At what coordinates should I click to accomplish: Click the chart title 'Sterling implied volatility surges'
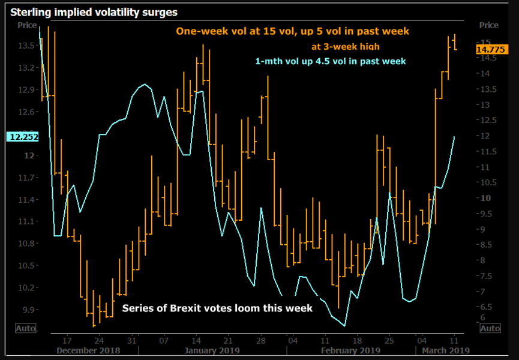[x=94, y=11]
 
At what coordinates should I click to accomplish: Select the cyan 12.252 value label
[x=23, y=137]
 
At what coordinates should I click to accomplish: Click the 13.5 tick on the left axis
[x=26, y=46]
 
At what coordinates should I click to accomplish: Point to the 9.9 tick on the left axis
[x=28, y=310]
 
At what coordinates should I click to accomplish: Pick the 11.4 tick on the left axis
[x=26, y=200]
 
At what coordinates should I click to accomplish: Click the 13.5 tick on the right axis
[x=490, y=89]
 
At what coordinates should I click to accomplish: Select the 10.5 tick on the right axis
[x=490, y=182]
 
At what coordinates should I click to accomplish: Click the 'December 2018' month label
[x=88, y=350]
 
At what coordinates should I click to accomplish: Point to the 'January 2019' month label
[x=212, y=350]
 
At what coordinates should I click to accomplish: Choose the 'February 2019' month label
[x=351, y=350]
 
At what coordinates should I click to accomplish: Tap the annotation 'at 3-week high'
[x=345, y=46]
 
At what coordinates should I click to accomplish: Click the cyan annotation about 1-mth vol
[x=331, y=61]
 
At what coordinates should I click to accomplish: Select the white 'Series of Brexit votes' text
[x=217, y=308]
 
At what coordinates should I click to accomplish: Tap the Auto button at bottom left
[x=25, y=328]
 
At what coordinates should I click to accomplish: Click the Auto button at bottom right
[x=490, y=328]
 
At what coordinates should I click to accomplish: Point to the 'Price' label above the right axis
[x=489, y=25]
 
